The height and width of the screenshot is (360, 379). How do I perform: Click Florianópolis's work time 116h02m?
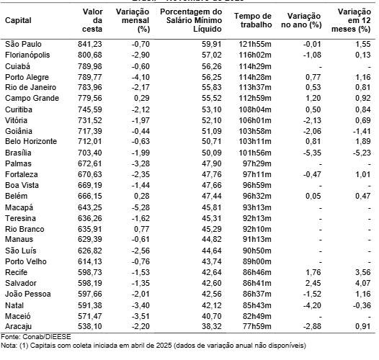coord(256,54)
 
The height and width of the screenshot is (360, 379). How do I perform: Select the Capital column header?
coord(18,19)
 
